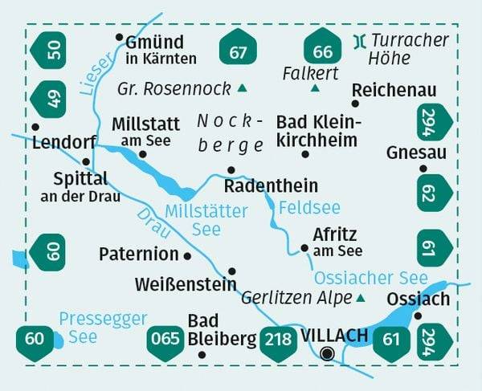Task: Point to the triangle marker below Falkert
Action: (x=315, y=88)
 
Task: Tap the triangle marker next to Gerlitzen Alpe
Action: (x=360, y=298)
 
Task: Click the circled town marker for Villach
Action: (x=327, y=353)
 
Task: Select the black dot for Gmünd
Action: (x=119, y=37)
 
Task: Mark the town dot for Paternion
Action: (x=187, y=255)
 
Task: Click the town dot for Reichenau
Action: (x=354, y=103)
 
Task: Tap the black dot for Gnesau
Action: (x=423, y=169)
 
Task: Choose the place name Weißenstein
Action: (x=186, y=284)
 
